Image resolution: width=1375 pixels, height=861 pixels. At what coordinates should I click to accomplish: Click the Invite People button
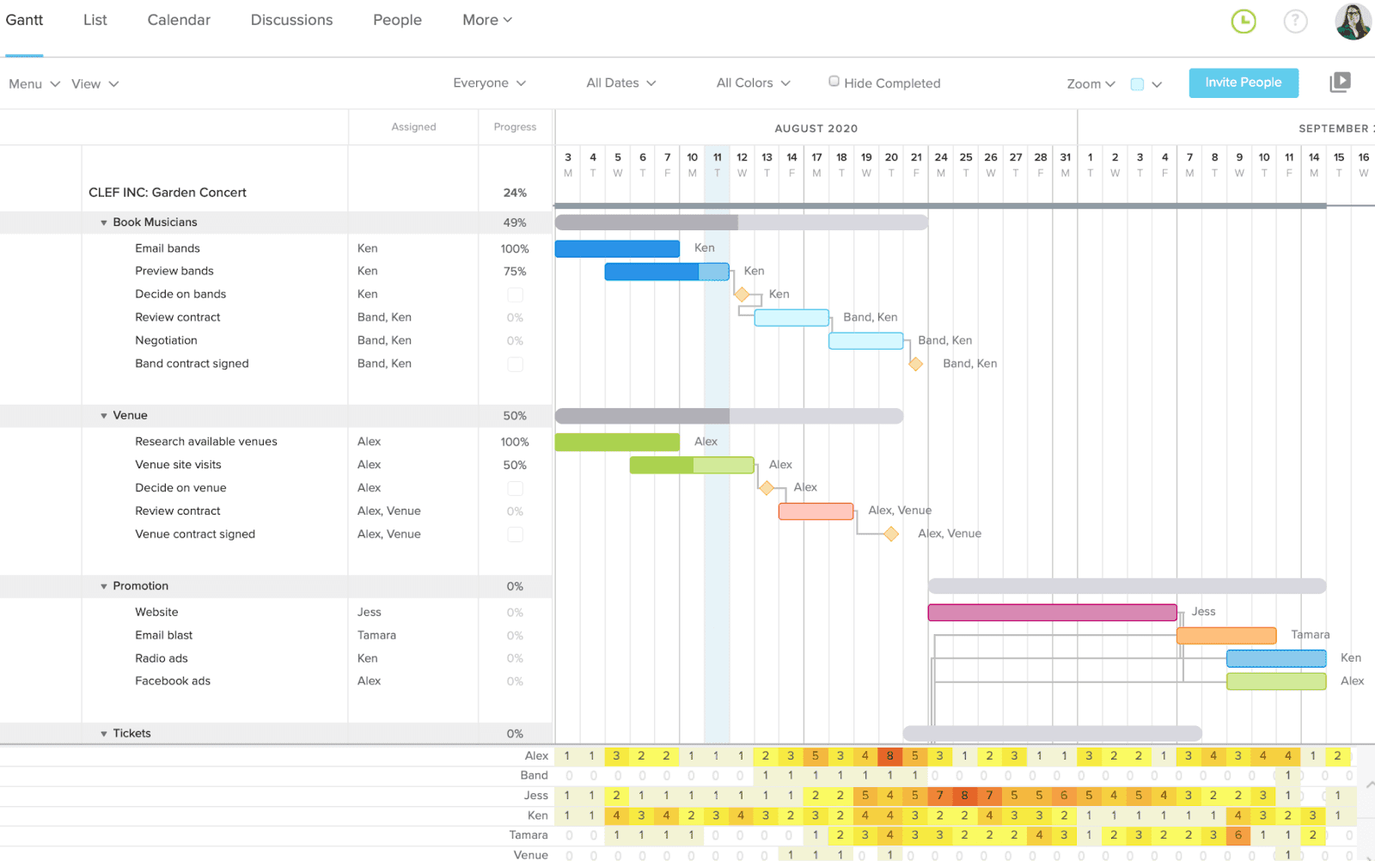[1243, 82]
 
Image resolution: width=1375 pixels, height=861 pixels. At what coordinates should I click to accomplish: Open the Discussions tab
[291, 20]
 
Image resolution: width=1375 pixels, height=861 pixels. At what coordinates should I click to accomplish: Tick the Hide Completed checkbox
[834, 82]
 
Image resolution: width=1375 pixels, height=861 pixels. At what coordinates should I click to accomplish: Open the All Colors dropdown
[753, 82]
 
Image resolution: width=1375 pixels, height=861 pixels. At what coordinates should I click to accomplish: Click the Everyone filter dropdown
[489, 82]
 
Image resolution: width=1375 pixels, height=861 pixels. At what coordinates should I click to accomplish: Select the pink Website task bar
[1052, 613]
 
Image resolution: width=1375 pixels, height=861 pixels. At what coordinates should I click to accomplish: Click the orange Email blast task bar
[1225, 636]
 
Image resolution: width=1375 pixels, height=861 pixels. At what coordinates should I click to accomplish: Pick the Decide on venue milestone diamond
[767, 488]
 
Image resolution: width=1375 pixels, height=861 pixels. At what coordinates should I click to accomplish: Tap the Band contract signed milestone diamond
[916, 364]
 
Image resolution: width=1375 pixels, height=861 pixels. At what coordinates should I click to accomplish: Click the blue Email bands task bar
[617, 249]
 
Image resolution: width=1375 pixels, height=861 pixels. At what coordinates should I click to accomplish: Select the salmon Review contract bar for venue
[816, 512]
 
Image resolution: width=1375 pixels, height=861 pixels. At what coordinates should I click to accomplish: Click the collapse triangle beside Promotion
[104, 587]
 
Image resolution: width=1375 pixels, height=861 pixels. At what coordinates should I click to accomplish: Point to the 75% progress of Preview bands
[514, 272]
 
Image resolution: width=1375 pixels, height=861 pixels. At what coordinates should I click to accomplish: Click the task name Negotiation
[166, 340]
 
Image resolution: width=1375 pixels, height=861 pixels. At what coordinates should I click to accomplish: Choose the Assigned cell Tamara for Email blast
[376, 635]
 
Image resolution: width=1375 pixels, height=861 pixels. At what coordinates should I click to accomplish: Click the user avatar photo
[1352, 21]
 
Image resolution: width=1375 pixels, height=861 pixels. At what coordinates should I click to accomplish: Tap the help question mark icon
[1295, 21]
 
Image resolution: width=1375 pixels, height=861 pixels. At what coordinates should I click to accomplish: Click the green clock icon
[1244, 21]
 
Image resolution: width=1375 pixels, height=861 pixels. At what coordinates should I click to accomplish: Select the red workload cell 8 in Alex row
[889, 756]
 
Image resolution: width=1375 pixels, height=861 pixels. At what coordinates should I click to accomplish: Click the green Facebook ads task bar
[1275, 681]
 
